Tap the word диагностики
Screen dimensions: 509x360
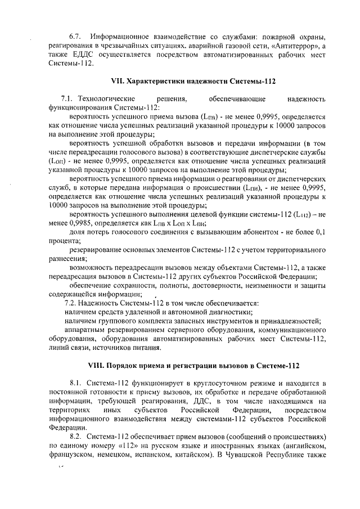pos(230,312)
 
